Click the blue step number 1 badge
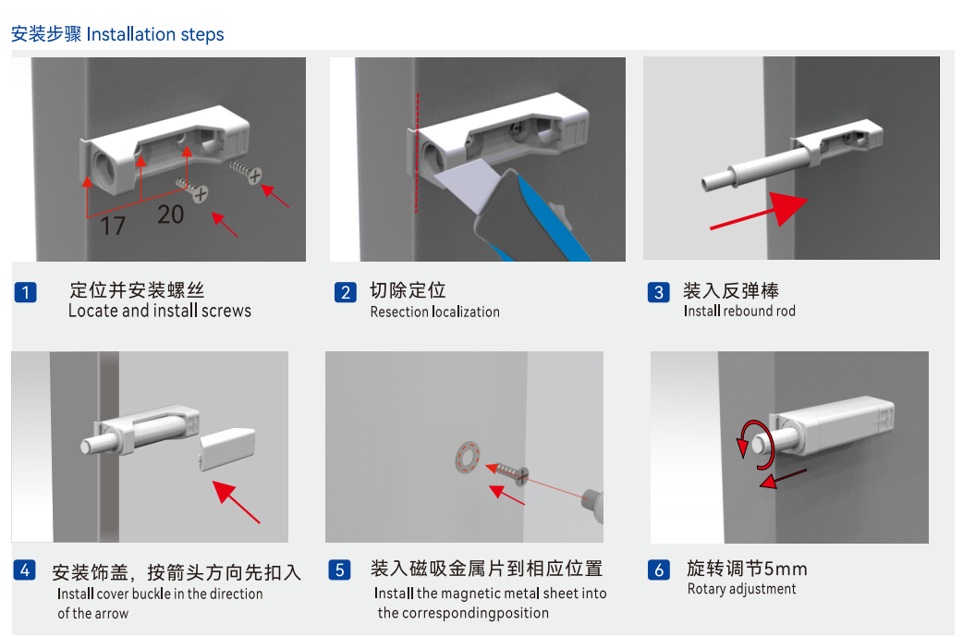pyautogui.click(x=25, y=292)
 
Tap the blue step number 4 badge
pyautogui.click(x=25, y=570)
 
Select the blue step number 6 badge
pyautogui.click(x=658, y=570)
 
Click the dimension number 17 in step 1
pyautogui.click(x=113, y=226)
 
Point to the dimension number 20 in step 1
pyautogui.click(x=170, y=214)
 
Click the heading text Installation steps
pyautogui.click(x=155, y=34)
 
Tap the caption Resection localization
pyautogui.click(x=434, y=312)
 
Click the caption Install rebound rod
pyautogui.click(x=739, y=311)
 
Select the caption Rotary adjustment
pyautogui.click(x=741, y=589)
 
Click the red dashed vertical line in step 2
pyautogui.click(x=417, y=153)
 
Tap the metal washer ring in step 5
pyautogui.click(x=468, y=457)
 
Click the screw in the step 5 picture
pyautogui.click(x=510, y=472)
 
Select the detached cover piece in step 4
pyautogui.click(x=226, y=449)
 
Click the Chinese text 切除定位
pyautogui.click(x=408, y=290)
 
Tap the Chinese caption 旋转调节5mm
pyautogui.click(x=747, y=569)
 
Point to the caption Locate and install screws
pyautogui.click(x=160, y=311)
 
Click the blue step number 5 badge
pyautogui.click(x=339, y=570)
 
